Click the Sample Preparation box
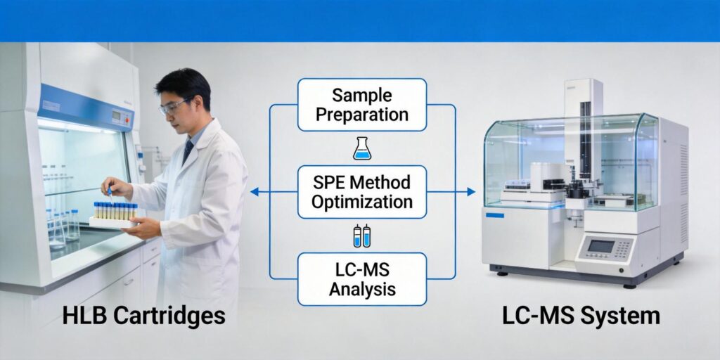pyautogui.click(x=362, y=105)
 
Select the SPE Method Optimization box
pyautogui.click(x=362, y=192)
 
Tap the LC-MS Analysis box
pyautogui.click(x=362, y=279)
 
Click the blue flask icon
pyautogui.click(x=361, y=148)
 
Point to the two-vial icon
pyautogui.click(x=361, y=236)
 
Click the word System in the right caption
pyautogui.click(x=619, y=316)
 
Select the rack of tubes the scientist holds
pyautogui.click(x=115, y=213)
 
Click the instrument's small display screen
pyautogui.click(x=600, y=246)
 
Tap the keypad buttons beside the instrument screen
pyautogui.click(x=625, y=247)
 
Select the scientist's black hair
pyautogui.click(x=184, y=84)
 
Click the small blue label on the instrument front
pyautogui.click(x=495, y=214)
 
